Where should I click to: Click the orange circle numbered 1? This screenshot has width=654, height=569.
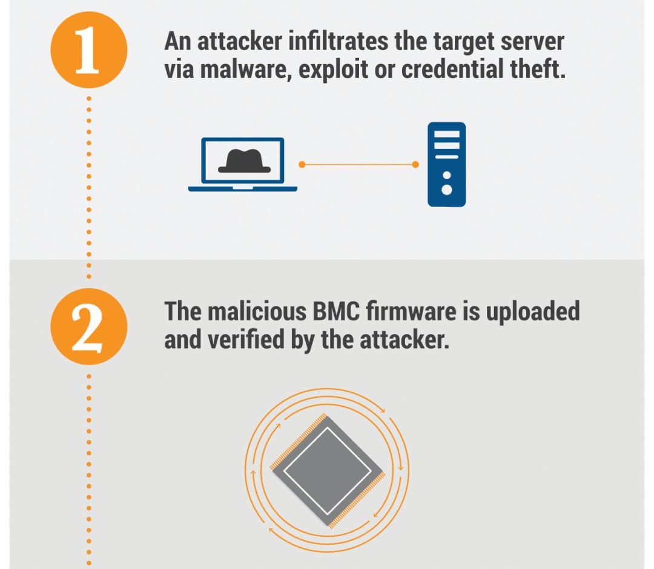tap(89, 50)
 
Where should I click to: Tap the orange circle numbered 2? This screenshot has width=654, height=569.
tap(89, 326)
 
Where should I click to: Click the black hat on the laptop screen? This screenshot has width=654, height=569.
tap(245, 160)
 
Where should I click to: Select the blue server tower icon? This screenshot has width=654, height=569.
tap(446, 164)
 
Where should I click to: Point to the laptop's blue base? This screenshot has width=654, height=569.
tap(243, 189)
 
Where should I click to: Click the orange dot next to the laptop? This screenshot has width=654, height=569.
tap(302, 165)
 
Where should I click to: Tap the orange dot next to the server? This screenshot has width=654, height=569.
tap(415, 165)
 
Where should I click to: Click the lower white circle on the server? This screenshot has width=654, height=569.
tap(447, 189)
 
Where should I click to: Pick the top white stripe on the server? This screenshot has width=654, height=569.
tap(447, 134)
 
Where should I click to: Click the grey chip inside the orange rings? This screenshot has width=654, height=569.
tap(328, 471)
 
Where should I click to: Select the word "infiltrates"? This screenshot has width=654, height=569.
tap(339, 41)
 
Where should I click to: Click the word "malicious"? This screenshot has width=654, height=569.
tap(257, 311)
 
